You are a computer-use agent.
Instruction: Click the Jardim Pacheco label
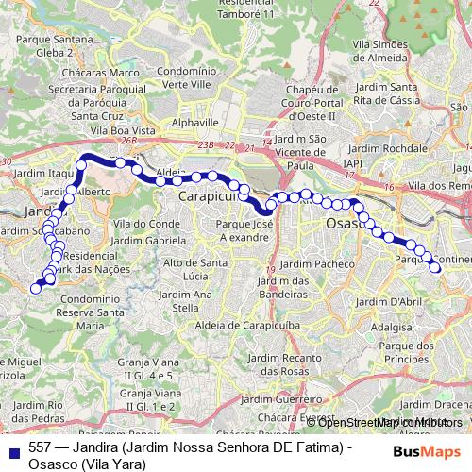[x=314, y=263]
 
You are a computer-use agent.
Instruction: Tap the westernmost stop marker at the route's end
[x=36, y=289]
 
